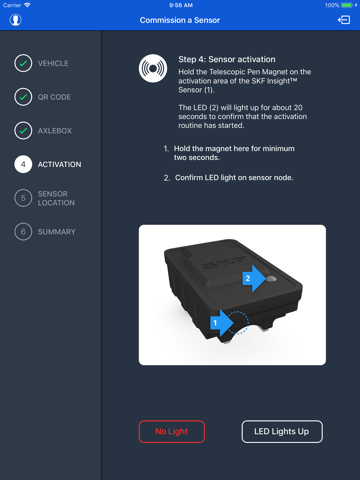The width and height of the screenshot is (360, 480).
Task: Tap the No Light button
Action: click(172, 431)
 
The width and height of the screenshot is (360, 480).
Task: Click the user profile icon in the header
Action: click(15, 20)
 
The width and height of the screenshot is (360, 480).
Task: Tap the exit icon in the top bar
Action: click(344, 20)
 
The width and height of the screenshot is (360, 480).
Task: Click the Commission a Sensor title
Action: click(180, 20)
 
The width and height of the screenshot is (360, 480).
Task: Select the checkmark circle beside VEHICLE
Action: click(23, 63)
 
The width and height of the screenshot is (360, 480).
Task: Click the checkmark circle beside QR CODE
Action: click(23, 97)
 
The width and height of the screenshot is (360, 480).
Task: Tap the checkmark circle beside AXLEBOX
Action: click(23, 131)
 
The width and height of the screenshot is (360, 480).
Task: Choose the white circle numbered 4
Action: click(23, 164)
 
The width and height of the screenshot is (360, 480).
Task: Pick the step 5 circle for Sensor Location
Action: click(23, 198)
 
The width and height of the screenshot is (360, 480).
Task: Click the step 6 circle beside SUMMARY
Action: click(23, 232)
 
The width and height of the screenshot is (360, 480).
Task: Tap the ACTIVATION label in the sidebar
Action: click(59, 164)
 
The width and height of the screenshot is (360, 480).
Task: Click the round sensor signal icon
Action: click(153, 68)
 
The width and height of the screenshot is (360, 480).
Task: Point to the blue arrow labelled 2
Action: click(254, 278)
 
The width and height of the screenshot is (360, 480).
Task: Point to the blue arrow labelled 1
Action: click(222, 323)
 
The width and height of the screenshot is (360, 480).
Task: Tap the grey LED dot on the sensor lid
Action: click(272, 278)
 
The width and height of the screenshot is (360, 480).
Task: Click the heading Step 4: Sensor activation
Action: click(227, 59)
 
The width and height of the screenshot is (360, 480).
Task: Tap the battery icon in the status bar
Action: click(347, 5)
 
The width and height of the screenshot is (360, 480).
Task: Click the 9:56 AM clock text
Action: click(181, 5)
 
